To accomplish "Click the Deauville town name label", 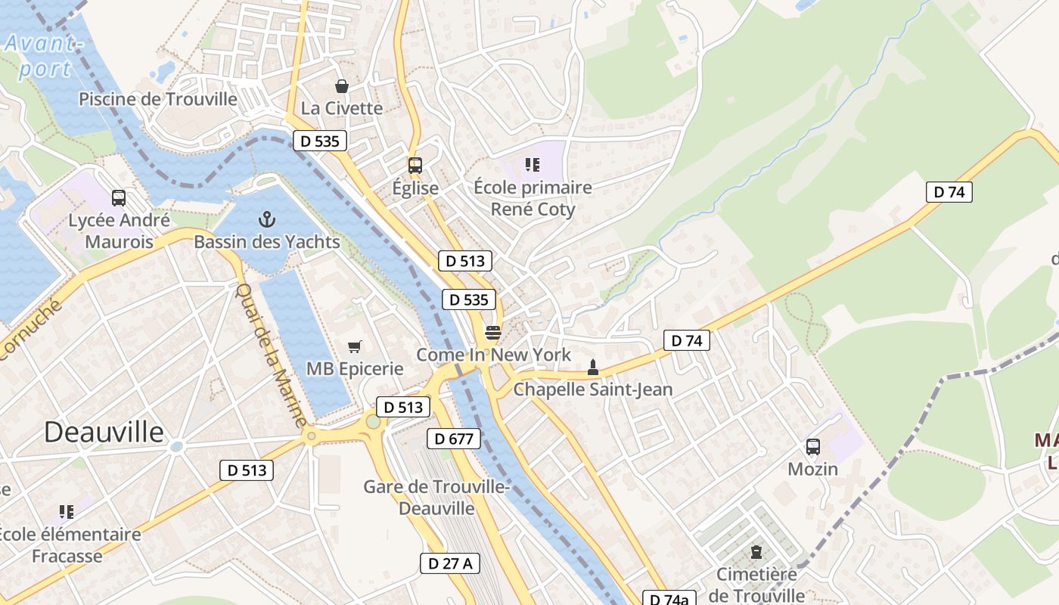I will [104, 432].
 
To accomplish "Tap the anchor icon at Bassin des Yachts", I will [266, 220].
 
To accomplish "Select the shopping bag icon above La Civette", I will [342, 86].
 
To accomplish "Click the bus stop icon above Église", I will [415, 166].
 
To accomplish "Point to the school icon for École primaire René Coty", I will [533, 165].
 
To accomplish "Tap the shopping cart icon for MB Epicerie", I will [354, 347].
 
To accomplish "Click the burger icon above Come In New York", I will [493, 332].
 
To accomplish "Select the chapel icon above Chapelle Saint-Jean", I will [593, 368].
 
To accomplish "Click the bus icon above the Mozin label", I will [813, 447].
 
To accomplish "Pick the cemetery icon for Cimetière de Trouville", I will [756, 552].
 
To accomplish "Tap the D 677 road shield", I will [454, 439].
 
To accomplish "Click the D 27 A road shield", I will [450, 563].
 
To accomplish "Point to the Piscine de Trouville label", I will [158, 99].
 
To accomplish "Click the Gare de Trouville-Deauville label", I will [436, 497].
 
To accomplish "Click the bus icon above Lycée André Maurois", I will [119, 198].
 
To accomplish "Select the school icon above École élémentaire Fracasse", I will [67, 512].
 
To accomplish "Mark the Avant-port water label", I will [44, 56].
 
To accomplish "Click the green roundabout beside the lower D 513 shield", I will [373, 422].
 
